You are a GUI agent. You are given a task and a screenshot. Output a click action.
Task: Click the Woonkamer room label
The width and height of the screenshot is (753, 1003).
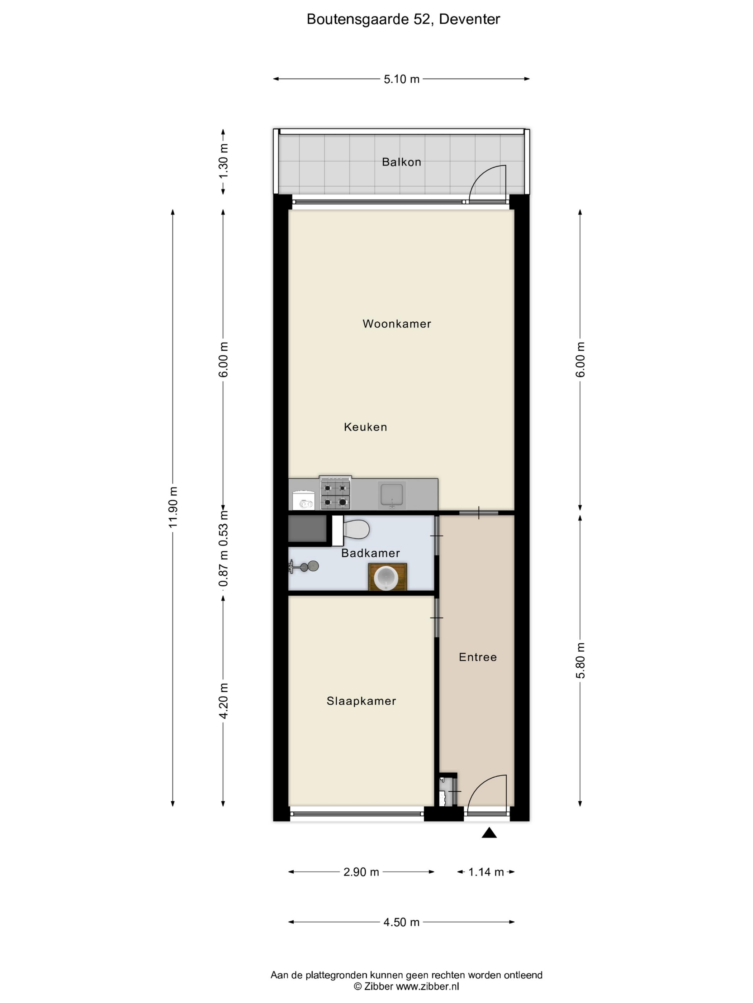[397, 324]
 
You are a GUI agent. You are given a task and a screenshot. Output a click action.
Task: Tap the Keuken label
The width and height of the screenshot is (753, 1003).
[365, 427]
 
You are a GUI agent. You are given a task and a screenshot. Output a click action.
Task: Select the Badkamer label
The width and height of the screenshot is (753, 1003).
[370, 553]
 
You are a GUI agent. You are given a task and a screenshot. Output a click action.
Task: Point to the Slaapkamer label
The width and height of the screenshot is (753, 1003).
[361, 701]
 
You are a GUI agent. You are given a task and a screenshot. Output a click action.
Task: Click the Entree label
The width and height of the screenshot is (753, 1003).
[478, 657]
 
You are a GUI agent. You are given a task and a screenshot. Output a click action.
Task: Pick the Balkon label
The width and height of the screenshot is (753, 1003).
[401, 162]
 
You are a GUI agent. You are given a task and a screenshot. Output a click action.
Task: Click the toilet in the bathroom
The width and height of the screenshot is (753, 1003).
[351, 529]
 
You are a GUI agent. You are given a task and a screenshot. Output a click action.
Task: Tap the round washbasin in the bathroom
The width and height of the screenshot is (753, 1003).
[386, 577]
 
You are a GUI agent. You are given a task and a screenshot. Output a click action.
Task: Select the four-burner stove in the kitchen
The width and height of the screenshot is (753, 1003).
[335, 493]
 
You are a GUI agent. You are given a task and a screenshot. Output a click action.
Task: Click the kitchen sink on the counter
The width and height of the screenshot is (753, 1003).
[392, 495]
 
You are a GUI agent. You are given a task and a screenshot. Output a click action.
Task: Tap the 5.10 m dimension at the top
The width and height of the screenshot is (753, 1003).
[401, 79]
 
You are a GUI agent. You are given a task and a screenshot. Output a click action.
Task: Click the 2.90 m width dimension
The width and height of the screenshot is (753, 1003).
[361, 872]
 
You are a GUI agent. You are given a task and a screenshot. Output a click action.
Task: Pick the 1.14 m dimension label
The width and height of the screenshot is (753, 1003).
[486, 872]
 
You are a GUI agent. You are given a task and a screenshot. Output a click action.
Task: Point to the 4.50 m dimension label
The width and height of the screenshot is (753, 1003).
[401, 922]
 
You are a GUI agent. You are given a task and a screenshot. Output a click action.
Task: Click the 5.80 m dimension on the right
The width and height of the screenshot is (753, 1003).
[581, 660]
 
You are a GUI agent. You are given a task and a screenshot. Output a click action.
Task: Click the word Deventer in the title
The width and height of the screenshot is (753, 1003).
[469, 19]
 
